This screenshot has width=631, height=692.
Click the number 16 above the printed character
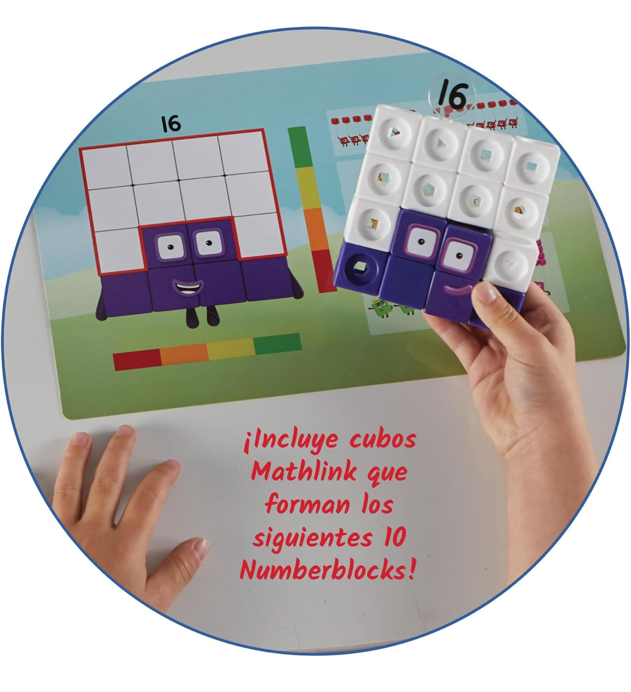[171, 124]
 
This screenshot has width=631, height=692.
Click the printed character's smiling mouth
[187, 287]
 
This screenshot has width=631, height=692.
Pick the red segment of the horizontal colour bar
[137, 359]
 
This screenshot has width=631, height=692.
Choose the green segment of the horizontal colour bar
[277, 344]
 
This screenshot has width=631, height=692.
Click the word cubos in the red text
[383, 439]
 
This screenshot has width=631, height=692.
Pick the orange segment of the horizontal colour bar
[184, 355]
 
